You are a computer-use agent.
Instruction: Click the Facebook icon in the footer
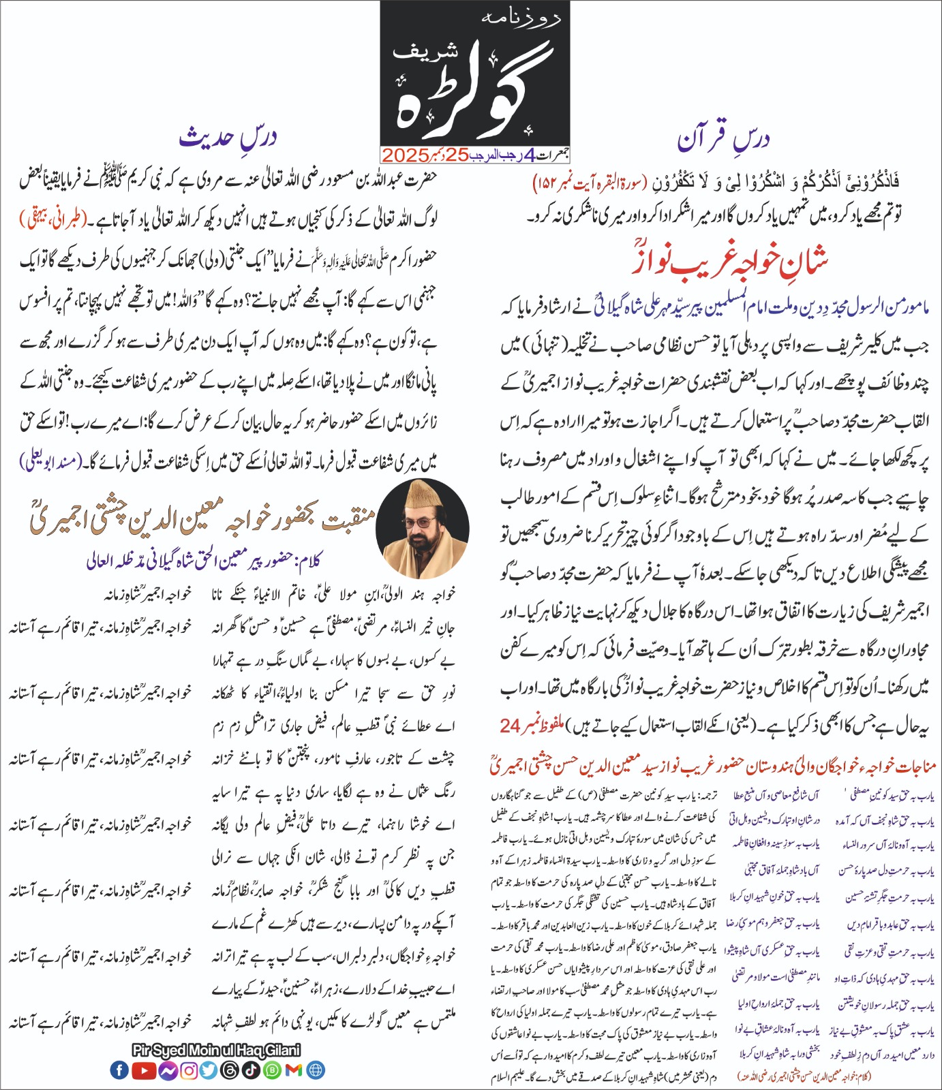pyautogui.click(x=119, y=1070)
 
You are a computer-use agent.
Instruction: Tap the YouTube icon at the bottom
pyautogui.click(x=143, y=1070)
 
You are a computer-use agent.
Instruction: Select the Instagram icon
pyautogui.click(x=189, y=1070)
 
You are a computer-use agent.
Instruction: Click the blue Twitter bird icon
pyautogui.click(x=209, y=1070)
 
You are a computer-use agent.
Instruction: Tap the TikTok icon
pyautogui.click(x=250, y=1070)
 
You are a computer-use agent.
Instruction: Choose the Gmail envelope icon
pyautogui.click(x=294, y=1070)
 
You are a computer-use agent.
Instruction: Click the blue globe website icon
pyautogui.click(x=316, y=1070)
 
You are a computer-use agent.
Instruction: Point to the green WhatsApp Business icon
pyautogui.click(x=272, y=1070)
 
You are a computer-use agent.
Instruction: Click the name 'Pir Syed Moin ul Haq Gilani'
pyautogui.click(x=216, y=1050)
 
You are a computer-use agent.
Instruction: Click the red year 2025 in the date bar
pyautogui.click(x=405, y=155)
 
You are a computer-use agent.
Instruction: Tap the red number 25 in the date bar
pyautogui.click(x=458, y=155)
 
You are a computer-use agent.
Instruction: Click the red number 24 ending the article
pyautogui.click(x=510, y=726)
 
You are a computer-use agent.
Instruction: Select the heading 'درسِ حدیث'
pyautogui.click(x=228, y=137)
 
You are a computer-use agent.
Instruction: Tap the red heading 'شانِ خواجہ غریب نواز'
pyautogui.click(x=729, y=262)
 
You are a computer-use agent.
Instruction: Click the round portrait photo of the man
pyautogui.click(x=423, y=528)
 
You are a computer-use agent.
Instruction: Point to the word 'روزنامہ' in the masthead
pyautogui.click(x=521, y=18)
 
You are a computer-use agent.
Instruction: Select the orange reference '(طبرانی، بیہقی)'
pyautogui.click(x=53, y=219)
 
